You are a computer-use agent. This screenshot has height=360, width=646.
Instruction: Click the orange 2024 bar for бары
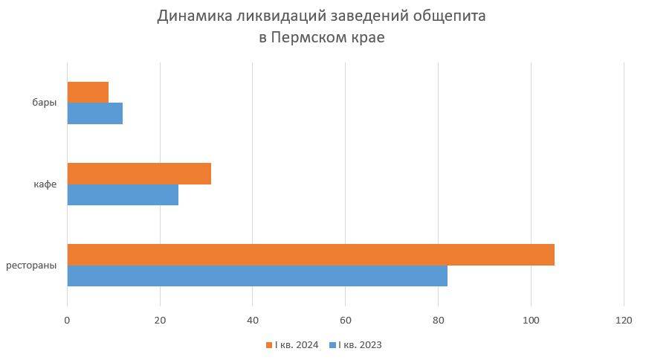coord(88,92)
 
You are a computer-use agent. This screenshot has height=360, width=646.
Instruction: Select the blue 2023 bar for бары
coord(94,114)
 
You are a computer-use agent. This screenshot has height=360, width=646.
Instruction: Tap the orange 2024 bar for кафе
coord(139,173)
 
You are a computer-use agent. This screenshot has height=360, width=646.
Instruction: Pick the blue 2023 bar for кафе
coord(123,195)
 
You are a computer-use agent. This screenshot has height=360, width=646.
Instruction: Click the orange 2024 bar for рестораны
coord(311,254)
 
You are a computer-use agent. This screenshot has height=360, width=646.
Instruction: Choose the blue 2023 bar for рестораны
coord(257,276)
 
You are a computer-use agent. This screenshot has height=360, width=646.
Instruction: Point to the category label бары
coord(45,103)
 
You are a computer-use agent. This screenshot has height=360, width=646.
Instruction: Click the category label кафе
coord(45,184)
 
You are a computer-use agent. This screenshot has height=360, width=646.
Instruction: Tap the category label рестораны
coord(31,265)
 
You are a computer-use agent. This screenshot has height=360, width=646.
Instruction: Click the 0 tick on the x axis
coord(67,320)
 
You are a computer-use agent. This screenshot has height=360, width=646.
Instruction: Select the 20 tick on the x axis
coord(160,320)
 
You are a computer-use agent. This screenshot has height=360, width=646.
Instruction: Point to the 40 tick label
coord(253,320)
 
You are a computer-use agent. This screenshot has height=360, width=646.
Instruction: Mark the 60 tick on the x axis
coord(345,320)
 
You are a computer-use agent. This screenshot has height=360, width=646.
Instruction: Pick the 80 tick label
coord(438,320)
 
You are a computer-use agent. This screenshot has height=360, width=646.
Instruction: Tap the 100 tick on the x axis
coord(531,320)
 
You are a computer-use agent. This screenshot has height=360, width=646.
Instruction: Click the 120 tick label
coord(624,320)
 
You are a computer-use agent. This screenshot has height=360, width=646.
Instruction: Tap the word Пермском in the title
coord(311,37)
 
